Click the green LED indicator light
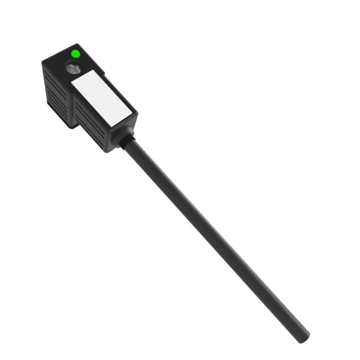pyautogui.click(x=75, y=54)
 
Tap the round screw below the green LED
pyautogui.click(x=73, y=69)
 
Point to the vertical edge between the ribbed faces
pyautogui.click(x=71, y=107)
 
